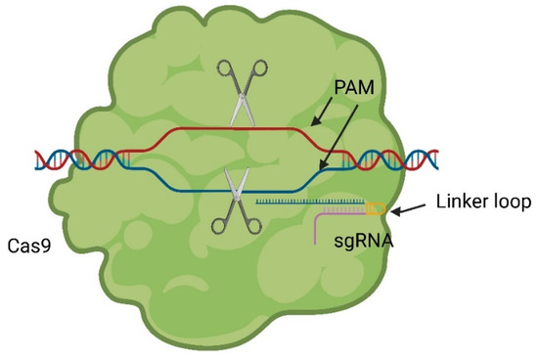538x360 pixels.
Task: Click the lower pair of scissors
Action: coord(239,202)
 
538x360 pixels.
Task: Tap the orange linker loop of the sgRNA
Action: coord(377,206)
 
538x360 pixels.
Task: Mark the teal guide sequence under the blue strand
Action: coord(293,202)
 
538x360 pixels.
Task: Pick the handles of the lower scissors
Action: coord(239,224)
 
